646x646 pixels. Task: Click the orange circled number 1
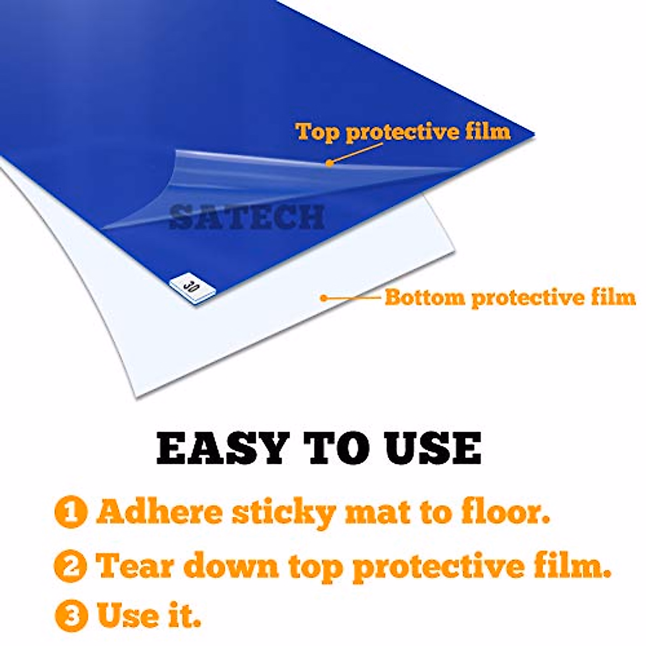(71, 512)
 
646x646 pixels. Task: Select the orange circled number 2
(71, 565)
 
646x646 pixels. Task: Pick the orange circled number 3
(71, 615)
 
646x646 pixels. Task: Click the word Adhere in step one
(159, 512)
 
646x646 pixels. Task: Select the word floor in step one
(505, 512)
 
